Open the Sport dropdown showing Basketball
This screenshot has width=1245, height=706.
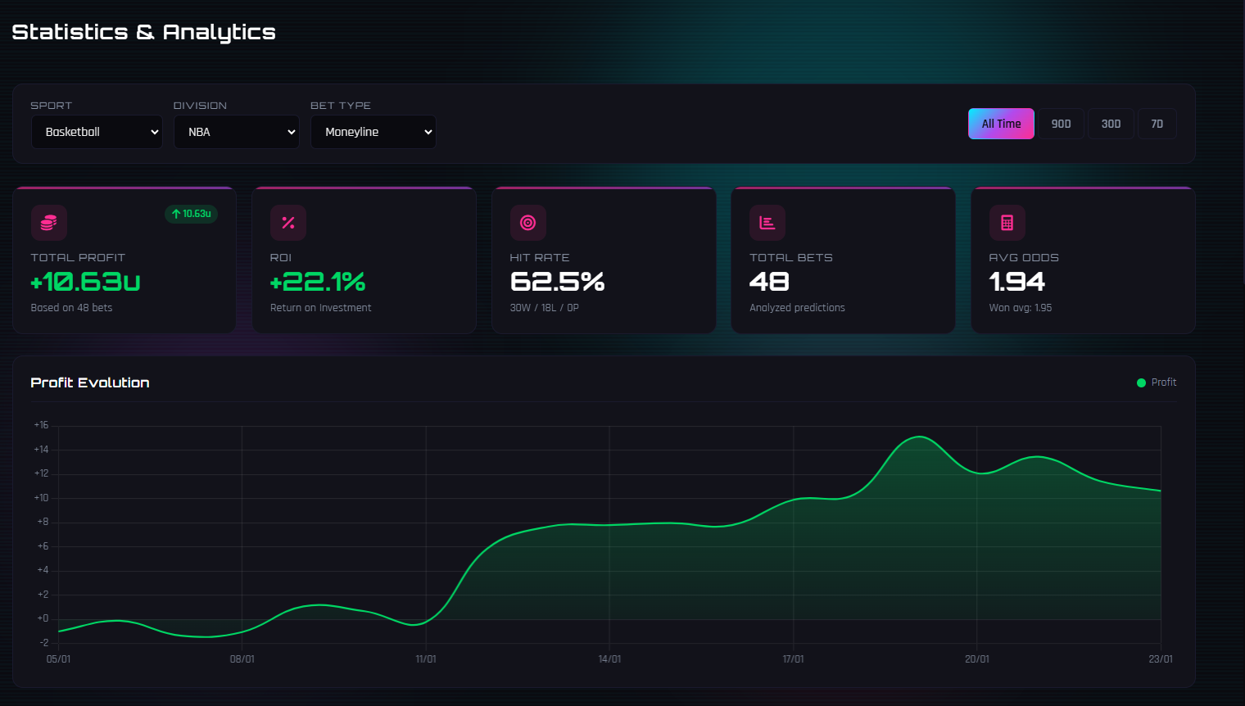tap(97, 132)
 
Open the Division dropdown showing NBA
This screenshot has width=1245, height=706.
tap(237, 132)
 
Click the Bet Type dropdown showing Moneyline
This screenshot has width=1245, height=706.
tap(373, 132)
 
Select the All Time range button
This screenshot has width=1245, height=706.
tap(1001, 124)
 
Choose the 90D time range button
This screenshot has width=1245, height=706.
tap(1061, 124)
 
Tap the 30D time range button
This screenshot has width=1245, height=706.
tap(1111, 124)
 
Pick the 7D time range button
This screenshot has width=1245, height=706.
tap(1157, 124)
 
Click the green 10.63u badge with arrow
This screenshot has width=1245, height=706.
tap(192, 214)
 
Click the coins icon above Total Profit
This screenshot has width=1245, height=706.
tap(49, 223)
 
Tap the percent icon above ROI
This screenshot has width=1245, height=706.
tap(288, 223)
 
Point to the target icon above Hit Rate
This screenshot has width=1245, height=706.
tap(528, 223)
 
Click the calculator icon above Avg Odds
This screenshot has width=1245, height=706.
tap(1007, 223)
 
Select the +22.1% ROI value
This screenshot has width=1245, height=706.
tap(318, 282)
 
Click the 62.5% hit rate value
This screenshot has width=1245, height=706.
tap(557, 282)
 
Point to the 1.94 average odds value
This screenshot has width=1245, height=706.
tap(1017, 282)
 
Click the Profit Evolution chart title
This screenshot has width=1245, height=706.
tap(90, 382)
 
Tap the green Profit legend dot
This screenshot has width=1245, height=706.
tap(1141, 382)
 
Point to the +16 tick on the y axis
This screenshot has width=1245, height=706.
tap(41, 425)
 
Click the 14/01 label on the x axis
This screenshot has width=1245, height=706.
tap(609, 659)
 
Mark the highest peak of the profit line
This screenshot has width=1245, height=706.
tap(919, 437)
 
